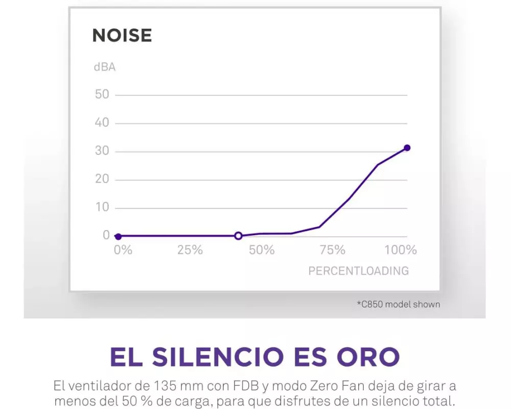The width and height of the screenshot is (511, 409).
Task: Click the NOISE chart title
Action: click(x=122, y=36)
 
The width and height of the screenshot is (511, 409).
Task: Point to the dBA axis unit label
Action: click(x=104, y=67)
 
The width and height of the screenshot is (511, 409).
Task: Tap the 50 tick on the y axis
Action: click(x=102, y=95)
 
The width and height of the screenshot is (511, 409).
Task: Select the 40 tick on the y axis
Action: click(x=102, y=123)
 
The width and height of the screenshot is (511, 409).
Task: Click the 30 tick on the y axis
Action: click(x=102, y=151)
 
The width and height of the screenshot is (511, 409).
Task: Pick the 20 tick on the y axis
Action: click(x=102, y=179)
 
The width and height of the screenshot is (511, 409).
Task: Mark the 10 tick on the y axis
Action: click(x=102, y=207)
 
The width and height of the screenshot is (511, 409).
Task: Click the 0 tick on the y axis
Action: click(x=106, y=235)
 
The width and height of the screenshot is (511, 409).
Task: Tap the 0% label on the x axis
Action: click(x=123, y=250)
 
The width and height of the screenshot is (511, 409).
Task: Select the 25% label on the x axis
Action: click(x=190, y=250)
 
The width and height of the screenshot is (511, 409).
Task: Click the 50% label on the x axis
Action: click(x=262, y=250)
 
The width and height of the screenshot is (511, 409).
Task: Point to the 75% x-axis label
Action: click(x=333, y=250)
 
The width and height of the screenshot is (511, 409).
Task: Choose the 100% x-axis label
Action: click(x=401, y=250)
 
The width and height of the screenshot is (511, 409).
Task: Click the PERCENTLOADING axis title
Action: click(x=358, y=271)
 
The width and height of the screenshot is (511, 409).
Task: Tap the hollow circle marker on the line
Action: click(x=238, y=236)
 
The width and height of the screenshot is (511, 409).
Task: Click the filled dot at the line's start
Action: click(x=118, y=236)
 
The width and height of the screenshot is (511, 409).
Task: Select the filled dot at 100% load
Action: click(x=407, y=148)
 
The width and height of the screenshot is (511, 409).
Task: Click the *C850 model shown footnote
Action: click(x=398, y=304)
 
